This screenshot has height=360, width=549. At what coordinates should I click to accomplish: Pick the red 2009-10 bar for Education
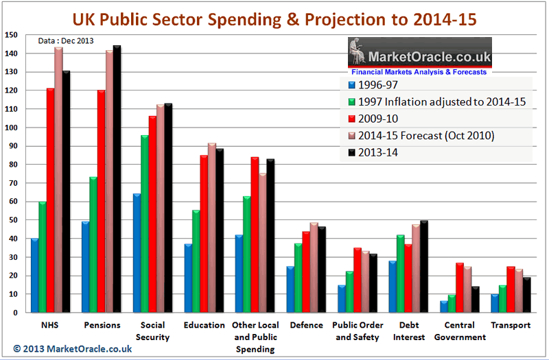[x=205, y=234]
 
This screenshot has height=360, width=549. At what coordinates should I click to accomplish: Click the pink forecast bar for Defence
[x=314, y=268]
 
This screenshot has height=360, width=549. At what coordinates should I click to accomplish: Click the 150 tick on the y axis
[x=12, y=35]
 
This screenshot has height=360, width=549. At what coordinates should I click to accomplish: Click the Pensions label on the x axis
[x=102, y=325]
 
